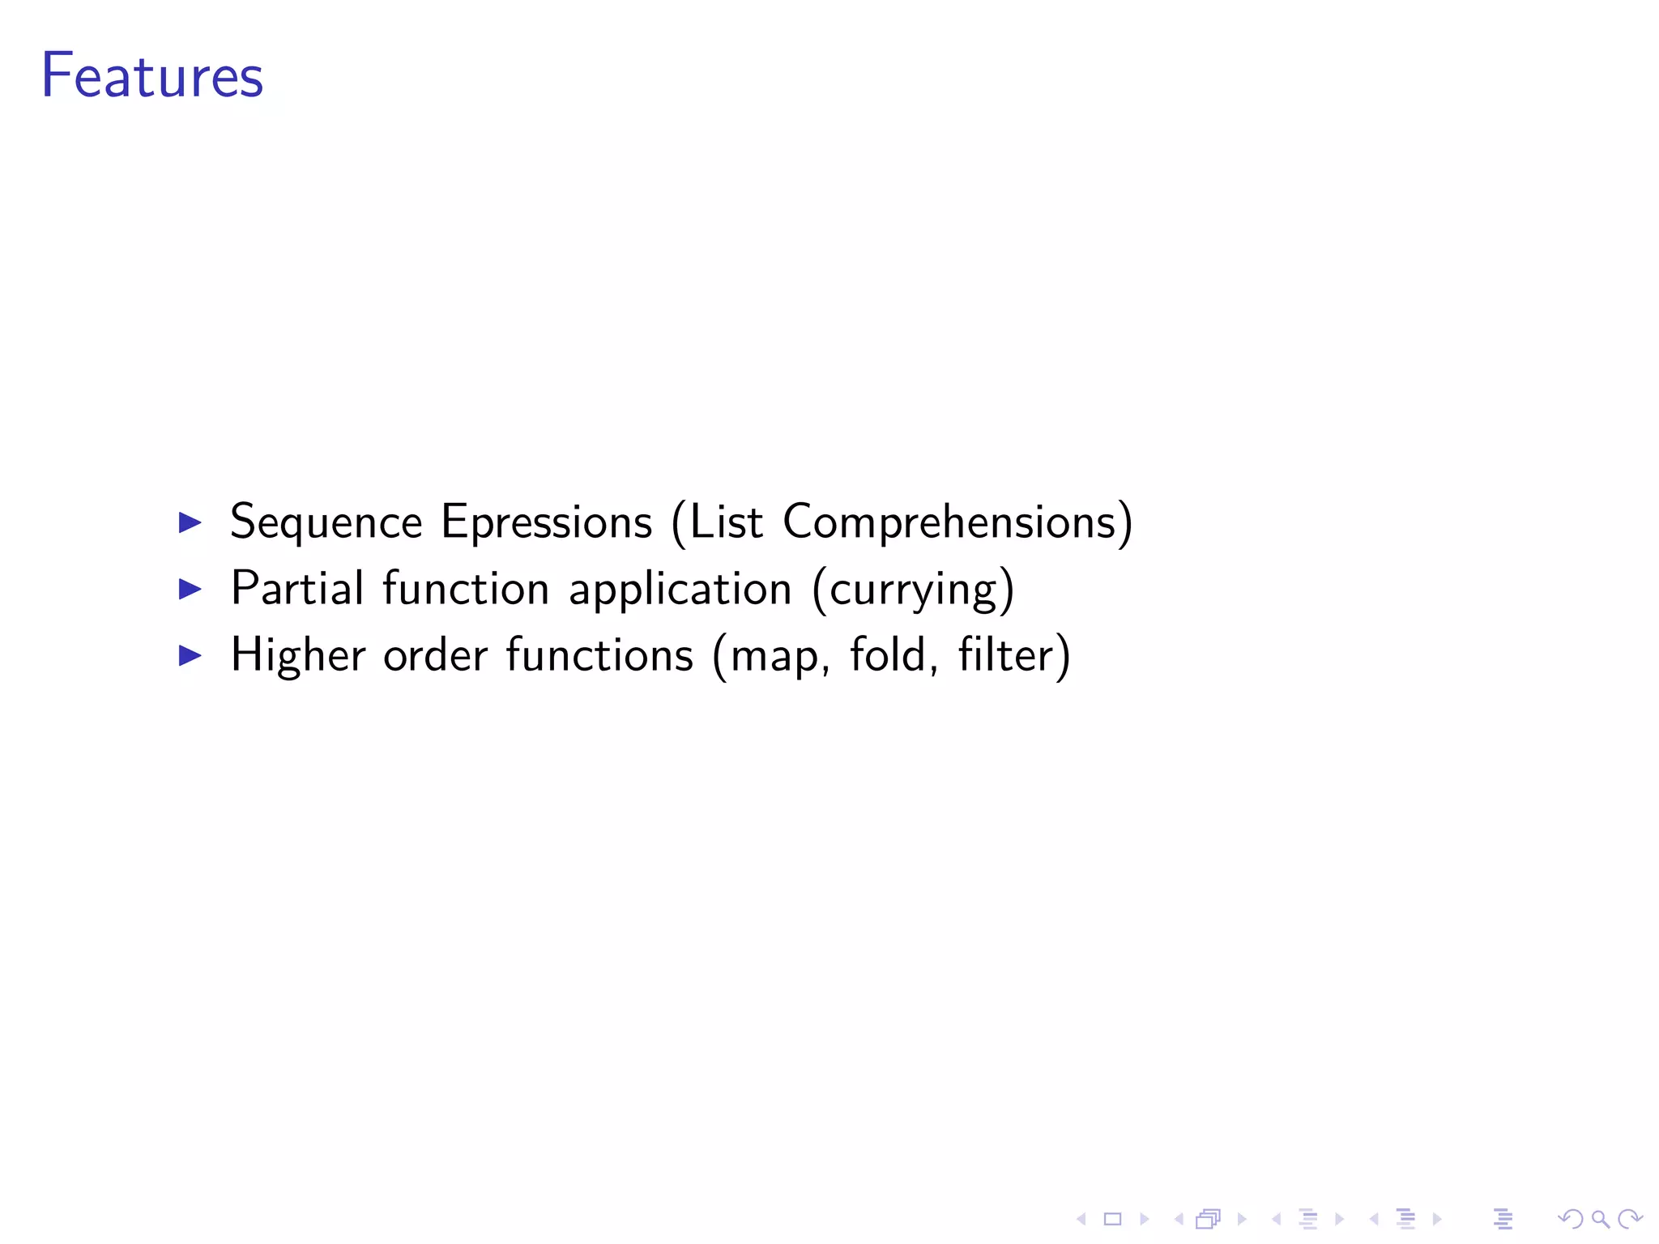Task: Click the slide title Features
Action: [152, 75]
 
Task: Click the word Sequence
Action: [326, 522]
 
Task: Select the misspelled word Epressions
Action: [546, 522]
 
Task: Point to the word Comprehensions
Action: [949, 522]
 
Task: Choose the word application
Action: [680, 590]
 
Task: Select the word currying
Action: [913, 590]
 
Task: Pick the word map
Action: [774, 656]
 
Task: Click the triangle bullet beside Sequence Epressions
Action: [190, 522]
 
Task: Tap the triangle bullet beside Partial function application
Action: [190, 589]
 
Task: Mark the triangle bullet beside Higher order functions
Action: [190, 655]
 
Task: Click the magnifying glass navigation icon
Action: [1600, 1218]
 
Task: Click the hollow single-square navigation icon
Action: [1112, 1218]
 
